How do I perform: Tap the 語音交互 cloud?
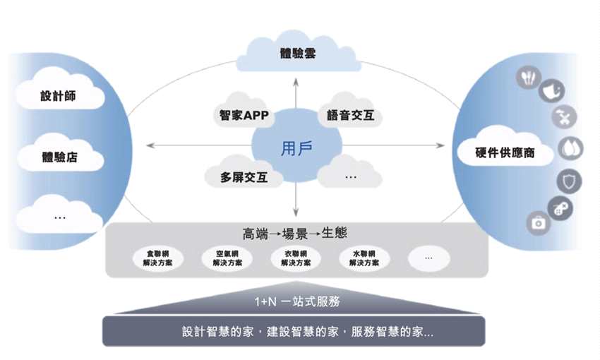tap(350, 115)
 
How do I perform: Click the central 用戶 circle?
tap(296, 149)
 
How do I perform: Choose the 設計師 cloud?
tap(58, 96)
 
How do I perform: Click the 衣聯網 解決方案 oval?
tap(295, 258)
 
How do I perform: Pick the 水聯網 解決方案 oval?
tap(364, 258)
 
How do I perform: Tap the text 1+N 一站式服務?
tap(297, 301)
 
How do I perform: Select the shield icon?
tap(568, 181)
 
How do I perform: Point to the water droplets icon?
tap(570, 148)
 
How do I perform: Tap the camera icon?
tap(538, 223)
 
